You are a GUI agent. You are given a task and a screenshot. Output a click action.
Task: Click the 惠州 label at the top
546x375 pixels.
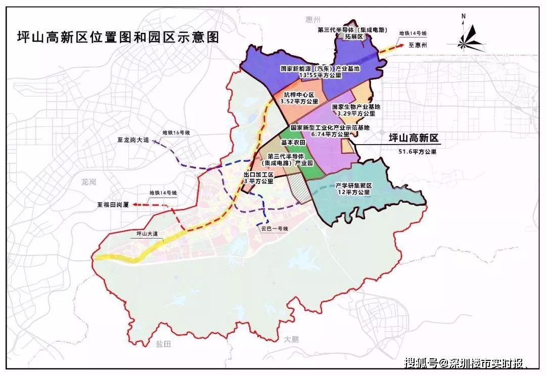313,20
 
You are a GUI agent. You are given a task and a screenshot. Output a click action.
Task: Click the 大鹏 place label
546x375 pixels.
291,339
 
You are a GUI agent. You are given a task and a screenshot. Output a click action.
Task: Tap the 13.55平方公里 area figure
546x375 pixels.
321,75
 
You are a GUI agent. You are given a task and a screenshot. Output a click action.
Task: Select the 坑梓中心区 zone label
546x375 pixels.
299,95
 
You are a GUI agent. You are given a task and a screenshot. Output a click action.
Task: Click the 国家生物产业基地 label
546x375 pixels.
356,107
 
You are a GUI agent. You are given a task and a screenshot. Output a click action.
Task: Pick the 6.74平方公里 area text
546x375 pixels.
330,134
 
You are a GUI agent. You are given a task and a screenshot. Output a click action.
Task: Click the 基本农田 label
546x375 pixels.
277,143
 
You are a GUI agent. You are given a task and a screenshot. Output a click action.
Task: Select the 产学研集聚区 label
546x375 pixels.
354,186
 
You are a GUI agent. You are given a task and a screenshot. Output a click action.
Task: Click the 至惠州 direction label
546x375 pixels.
418,45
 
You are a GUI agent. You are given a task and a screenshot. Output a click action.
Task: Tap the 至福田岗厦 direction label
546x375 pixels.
114,205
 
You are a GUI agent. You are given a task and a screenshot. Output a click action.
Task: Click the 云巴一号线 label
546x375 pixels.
274,229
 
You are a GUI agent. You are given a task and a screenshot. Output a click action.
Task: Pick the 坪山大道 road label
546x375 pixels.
141,234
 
